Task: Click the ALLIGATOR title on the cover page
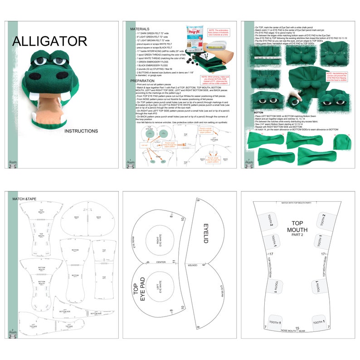pyautogui.click(x=50, y=41)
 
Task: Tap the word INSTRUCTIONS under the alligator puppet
pyautogui.click(x=81, y=131)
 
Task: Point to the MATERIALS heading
pyautogui.click(x=140, y=29)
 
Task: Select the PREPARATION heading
pyautogui.click(x=143, y=81)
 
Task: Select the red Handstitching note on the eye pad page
pyautogui.click(x=339, y=76)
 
